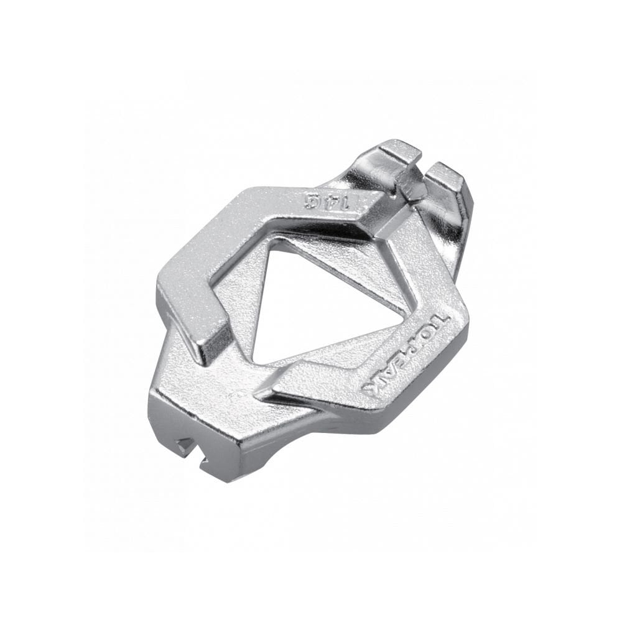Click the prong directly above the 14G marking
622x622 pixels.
point(399,152)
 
